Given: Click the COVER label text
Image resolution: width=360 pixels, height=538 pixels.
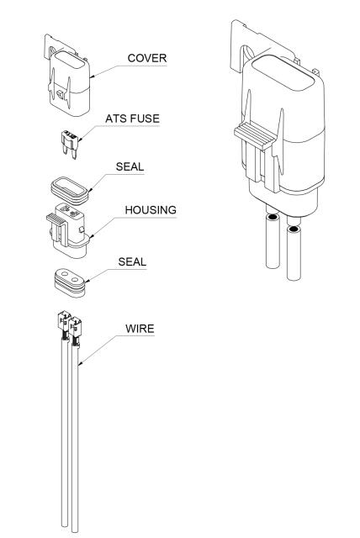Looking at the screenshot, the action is coord(147,58).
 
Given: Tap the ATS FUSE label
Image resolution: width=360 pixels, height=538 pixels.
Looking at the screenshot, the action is coord(132,119).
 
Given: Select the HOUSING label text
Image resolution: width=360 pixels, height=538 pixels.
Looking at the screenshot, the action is coord(151,210).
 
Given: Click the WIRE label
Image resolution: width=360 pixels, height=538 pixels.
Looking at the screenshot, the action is coord(140,329).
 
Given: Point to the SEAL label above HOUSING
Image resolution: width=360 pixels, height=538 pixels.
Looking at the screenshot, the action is coord(130,166).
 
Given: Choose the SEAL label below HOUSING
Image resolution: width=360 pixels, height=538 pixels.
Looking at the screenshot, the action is coord(132,261).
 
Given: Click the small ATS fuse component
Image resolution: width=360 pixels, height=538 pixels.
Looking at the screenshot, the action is coord(70,144).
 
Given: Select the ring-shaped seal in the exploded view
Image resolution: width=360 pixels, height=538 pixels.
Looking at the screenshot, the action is coord(70,191).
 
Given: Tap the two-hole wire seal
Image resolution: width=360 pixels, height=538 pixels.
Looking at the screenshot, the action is coord(70,282).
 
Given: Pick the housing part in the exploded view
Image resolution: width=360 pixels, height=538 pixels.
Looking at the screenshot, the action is coord(69,229).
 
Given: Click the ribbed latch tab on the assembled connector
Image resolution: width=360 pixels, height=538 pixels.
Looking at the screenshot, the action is coord(256,135).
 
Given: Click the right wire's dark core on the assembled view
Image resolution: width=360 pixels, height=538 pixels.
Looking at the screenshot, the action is coord(294,229).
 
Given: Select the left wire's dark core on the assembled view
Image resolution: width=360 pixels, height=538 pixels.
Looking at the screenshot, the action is coord(273,217).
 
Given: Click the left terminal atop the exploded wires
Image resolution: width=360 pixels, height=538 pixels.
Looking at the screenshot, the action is coord(64,321).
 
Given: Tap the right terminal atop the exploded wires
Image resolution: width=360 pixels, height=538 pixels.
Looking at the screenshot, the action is coord(75,326).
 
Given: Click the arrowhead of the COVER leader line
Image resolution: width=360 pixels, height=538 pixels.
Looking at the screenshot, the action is coord(92,76).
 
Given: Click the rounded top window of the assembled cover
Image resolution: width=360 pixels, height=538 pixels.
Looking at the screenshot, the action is coord(283,73).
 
